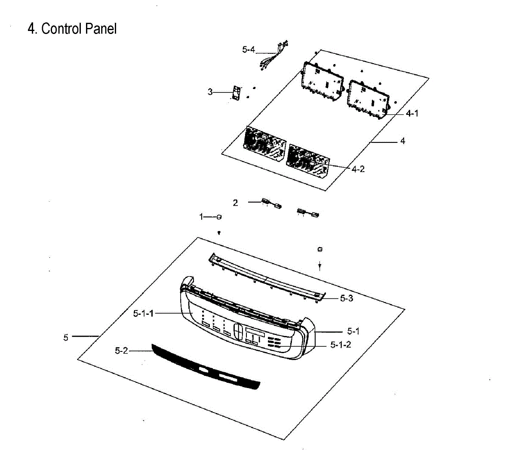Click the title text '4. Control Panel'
tap(72, 29)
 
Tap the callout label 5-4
tap(248, 50)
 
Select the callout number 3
tap(210, 92)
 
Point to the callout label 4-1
tap(412, 114)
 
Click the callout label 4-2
tap(358, 169)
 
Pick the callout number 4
tap(402, 141)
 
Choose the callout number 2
tap(235, 203)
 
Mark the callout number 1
tap(201, 217)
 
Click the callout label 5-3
tap(346, 298)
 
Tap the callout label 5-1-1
tap(143, 314)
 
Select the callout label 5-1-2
tap(341, 345)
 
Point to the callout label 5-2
tap(121, 351)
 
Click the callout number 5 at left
tap(66, 338)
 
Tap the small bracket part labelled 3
tap(235, 93)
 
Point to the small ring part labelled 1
tap(219, 217)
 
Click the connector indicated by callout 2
tap(271, 203)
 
